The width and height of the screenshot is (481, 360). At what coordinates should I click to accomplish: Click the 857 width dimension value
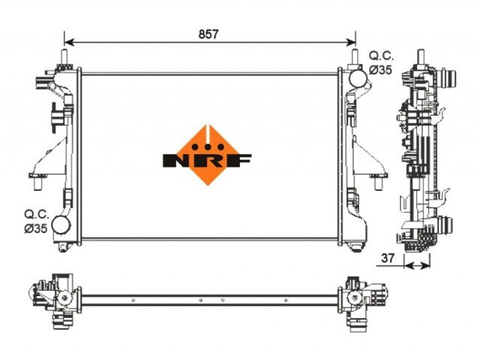point(208,34)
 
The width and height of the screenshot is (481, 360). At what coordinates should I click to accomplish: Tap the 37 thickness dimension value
point(387,259)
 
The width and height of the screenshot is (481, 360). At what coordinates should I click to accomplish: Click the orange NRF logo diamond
point(207,155)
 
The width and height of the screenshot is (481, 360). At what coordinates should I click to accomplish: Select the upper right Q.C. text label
point(381,56)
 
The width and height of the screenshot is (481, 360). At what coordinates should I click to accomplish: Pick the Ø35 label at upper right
point(380,70)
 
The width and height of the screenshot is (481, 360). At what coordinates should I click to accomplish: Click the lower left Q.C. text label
point(37,214)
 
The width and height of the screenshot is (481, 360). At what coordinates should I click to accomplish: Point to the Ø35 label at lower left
point(36,228)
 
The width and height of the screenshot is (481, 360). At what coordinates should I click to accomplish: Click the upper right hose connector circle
point(358,78)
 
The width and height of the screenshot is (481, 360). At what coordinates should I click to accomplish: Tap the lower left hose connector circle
point(61,225)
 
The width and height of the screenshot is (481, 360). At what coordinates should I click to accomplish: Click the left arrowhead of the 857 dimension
point(69,42)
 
